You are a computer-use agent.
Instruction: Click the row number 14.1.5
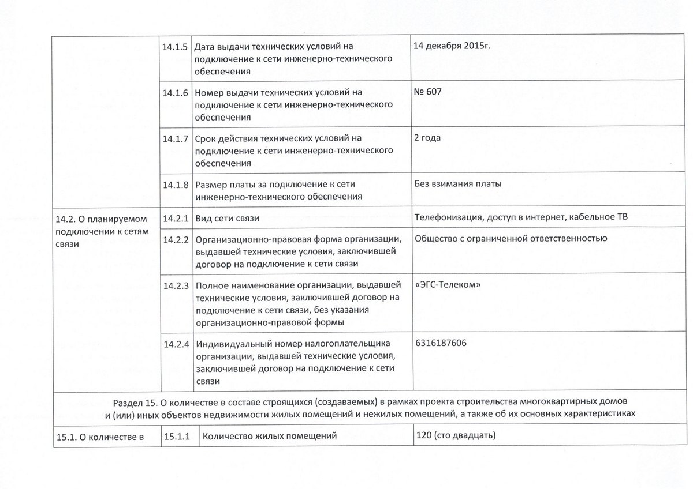176,47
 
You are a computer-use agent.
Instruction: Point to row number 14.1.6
176,93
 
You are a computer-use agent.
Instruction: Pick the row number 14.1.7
176,139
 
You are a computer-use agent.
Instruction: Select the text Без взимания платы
458,184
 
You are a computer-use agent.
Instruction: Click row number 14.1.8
176,185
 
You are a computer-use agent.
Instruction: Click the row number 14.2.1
176,219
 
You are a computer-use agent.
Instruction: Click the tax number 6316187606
441,343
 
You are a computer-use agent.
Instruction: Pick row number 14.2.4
176,344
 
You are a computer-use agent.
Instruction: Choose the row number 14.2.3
176,285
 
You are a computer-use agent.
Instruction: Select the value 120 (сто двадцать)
456,435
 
